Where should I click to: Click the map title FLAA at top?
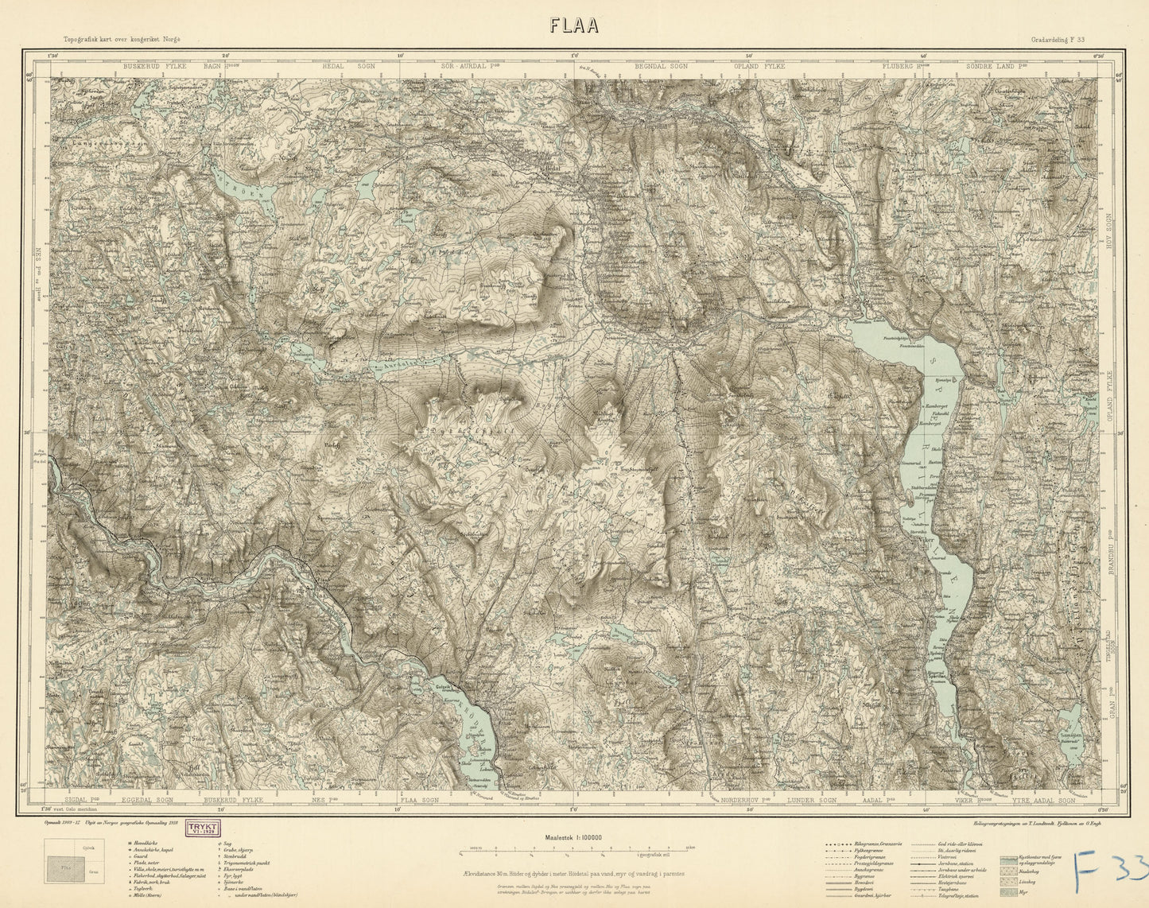pyautogui.click(x=574, y=26)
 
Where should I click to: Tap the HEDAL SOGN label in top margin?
pyautogui.click(x=348, y=67)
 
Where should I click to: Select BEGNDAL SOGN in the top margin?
pyautogui.click(x=661, y=67)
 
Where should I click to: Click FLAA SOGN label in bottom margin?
pyautogui.click(x=420, y=801)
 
